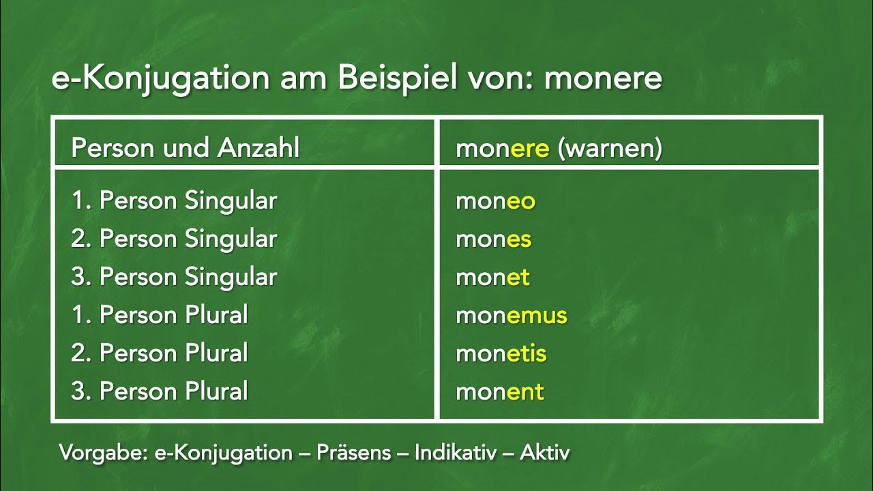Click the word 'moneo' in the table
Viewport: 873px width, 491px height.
pos(495,201)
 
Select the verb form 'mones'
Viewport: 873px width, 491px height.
pos(493,239)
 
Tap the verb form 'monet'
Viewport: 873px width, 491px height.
pos(492,278)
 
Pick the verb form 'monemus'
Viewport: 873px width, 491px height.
pos(512,316)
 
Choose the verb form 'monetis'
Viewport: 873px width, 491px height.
pos(501,354)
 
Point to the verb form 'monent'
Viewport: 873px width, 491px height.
pos(500,392)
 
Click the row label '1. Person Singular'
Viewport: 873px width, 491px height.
pos(174,201)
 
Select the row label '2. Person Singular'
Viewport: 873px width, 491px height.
pos(174,239)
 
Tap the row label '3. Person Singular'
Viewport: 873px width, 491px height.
pos(174,278)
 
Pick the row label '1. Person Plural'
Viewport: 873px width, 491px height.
pos(160,316)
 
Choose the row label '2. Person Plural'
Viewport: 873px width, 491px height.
pos(160,354)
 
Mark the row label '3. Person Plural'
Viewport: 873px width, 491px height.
pos(160,392)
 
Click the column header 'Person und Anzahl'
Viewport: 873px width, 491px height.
pos(185,148)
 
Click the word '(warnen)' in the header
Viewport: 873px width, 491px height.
pos(610,149)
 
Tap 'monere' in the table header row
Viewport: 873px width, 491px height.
pos(503,149)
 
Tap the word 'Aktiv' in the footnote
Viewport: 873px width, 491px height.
pos(544,453)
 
